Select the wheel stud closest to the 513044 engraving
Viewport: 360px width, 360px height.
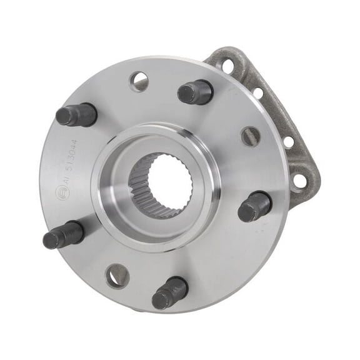(76, 114)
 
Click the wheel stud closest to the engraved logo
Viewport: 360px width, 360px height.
(63, 235)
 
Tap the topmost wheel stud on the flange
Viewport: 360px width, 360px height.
(195, 92)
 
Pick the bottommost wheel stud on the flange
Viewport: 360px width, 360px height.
(169, 292)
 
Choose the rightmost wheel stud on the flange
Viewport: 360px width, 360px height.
(254, 206)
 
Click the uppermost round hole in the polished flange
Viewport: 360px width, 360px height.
(139, 81)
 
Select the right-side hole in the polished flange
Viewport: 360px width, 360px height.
(251, 136)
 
